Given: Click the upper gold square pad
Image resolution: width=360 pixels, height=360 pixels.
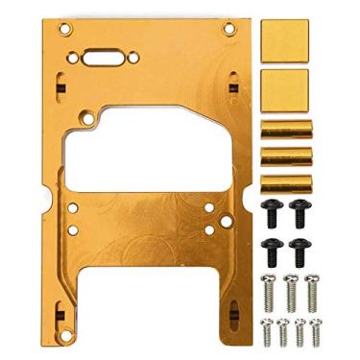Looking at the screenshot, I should [x=285, y=41].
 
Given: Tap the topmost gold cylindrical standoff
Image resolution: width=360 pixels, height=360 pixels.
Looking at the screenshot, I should [x=285, y=126].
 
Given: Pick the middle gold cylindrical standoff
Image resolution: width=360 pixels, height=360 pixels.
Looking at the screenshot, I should [x=285, y=154].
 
